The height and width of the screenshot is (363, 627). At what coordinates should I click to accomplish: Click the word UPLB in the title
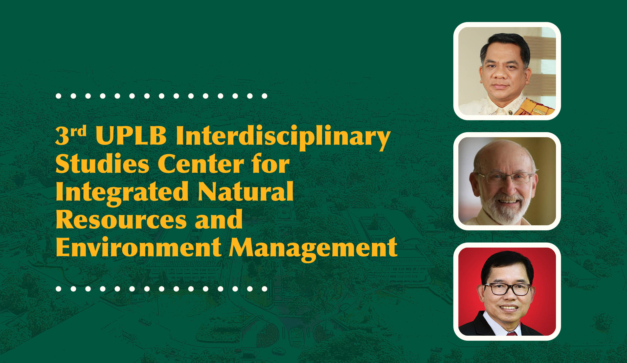(x=131, y=136)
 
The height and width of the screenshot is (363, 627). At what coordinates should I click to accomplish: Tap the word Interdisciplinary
(x=283, y=137)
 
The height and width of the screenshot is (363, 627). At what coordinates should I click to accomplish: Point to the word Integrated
(x=122, y=193)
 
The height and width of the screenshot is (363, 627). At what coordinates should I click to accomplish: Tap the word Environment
(x=139, y=247)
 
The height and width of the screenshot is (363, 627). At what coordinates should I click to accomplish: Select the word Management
(x=313, y=249)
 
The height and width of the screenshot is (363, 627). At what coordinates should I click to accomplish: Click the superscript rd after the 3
(x=78, y=131)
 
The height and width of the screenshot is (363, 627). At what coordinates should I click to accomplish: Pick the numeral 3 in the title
(x=62, y=136)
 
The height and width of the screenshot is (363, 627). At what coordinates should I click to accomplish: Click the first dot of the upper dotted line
(x=58, y=96)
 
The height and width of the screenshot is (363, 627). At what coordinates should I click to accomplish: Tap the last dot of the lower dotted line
(x=264, y=289)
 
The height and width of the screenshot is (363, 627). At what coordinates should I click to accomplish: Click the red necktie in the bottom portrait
(x=512, y=333)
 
